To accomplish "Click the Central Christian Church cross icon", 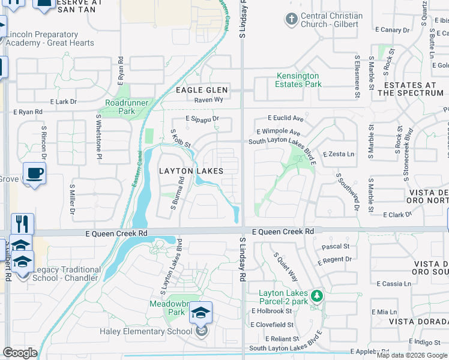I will (291, 20).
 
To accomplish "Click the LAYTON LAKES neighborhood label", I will (191, 171).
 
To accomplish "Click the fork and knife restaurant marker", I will (22, 224).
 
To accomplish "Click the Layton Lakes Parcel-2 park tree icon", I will (316, 296).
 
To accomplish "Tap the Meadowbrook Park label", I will (167, 308).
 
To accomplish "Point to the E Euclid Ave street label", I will (286, 119).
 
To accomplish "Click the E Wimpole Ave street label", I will (278, 131).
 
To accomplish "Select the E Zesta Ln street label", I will (338, 154).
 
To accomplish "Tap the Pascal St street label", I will (336, 247).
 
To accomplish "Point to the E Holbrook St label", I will (271, 311).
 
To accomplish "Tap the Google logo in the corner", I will (20, 353).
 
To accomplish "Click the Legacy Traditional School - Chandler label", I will (65, 274).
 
